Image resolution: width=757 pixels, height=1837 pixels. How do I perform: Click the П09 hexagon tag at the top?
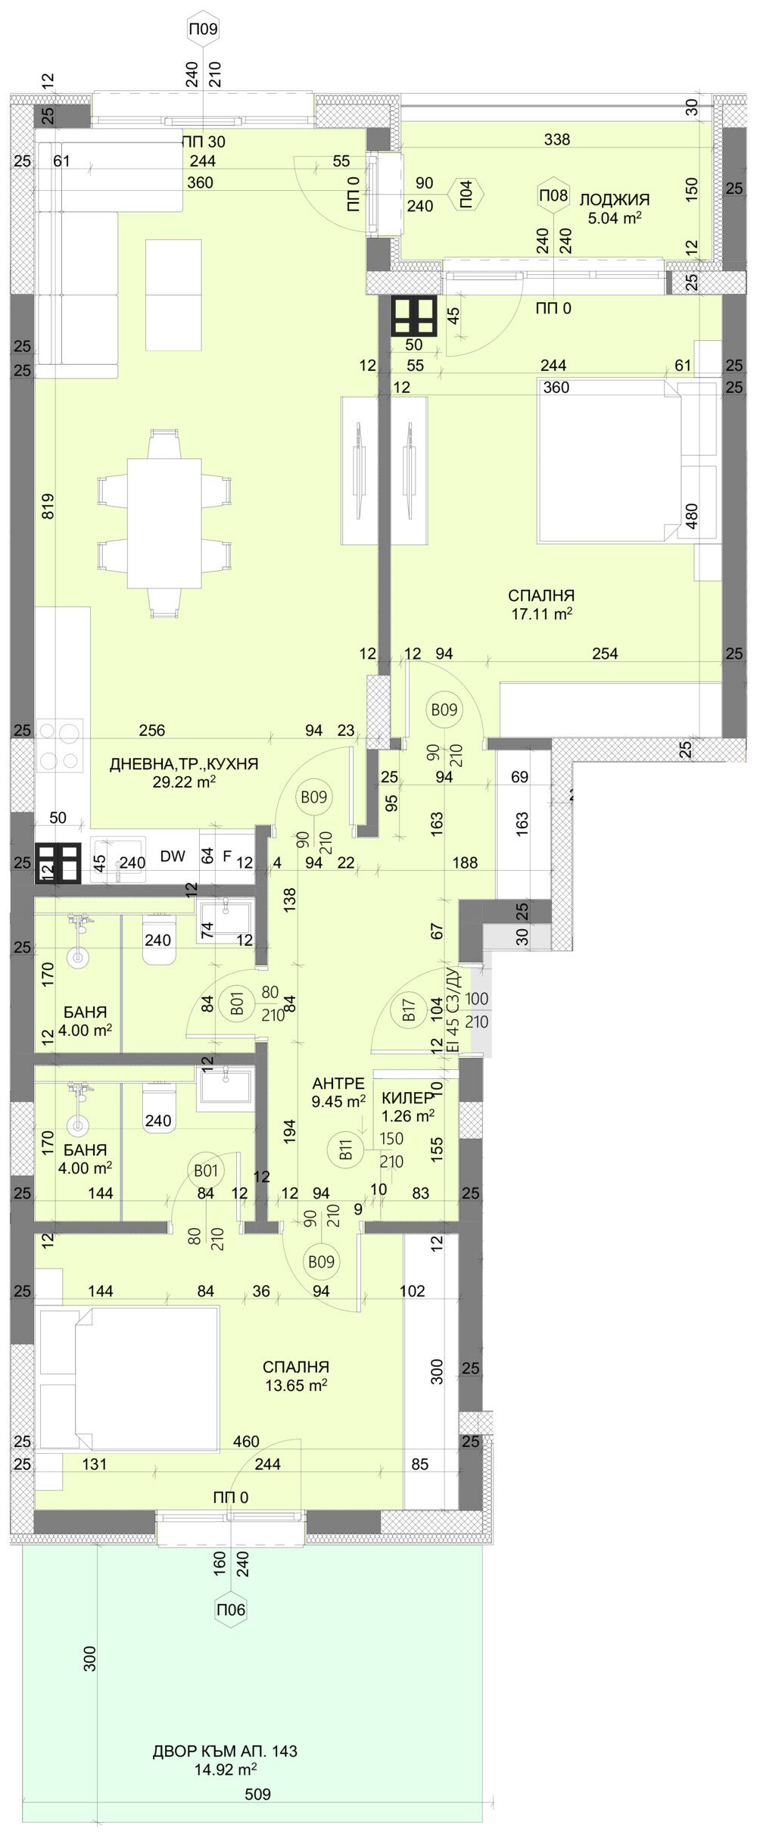point(202,30)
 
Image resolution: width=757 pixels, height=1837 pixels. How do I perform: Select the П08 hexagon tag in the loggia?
point(553,195)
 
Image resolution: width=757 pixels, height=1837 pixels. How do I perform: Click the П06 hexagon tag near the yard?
point(231,1609)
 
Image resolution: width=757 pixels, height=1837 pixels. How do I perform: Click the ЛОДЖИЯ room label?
point(615,200)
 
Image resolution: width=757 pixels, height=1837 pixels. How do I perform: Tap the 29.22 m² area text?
point(184,782)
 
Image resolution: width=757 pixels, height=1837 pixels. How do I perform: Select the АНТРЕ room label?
point(338,1084)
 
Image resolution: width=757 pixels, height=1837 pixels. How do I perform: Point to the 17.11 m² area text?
point(541,615)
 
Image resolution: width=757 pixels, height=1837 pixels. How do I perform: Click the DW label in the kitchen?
point(173,856)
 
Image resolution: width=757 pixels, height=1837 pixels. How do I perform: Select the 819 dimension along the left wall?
point(48,507)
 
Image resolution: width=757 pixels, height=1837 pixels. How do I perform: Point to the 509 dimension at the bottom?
point(257,1794)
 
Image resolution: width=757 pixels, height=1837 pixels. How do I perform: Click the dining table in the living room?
point(164,522)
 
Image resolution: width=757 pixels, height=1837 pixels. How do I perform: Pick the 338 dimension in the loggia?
point(556,139)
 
